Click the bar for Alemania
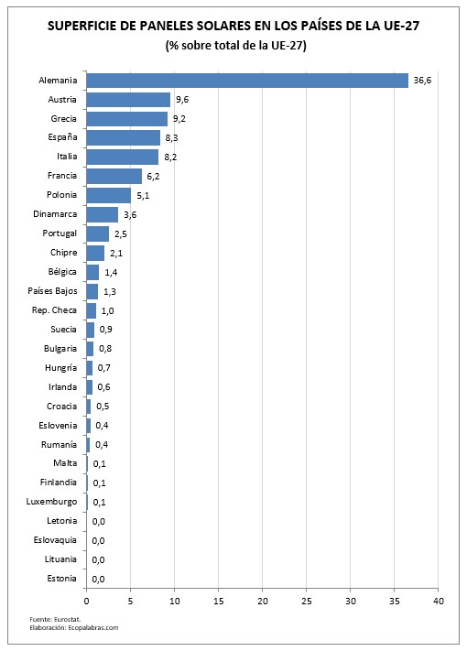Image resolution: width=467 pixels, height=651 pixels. [247, 81]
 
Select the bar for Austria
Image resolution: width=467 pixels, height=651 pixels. [128, 100]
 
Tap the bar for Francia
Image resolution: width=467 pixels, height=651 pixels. [114, 176]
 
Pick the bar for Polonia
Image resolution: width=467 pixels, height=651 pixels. [109, 195]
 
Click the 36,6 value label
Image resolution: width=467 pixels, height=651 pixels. [422, 81]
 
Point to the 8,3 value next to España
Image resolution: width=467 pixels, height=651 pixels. [171, 138]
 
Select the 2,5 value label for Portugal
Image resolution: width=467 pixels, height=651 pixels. [120, 234]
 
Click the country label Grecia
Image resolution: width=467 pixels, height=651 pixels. [64, 118]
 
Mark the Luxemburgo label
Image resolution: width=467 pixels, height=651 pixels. [52, 501]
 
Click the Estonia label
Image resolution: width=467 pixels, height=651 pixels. [61, 578]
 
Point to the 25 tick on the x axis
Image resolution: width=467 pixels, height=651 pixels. [307, 602]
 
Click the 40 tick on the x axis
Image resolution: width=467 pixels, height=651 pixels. [439, 602]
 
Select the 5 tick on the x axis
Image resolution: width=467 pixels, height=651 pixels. [130, 602]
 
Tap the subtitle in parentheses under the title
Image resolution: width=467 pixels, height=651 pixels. [235, 45]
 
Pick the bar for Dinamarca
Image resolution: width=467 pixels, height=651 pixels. [102, 214]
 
